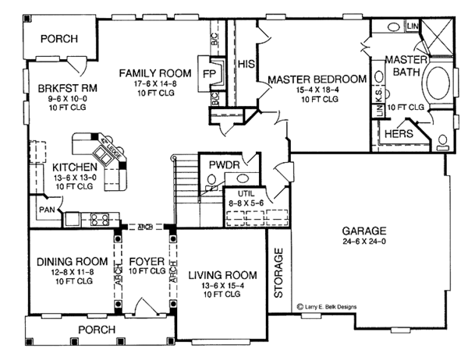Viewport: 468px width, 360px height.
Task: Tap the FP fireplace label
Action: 209,70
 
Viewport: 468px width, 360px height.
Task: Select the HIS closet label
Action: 246,64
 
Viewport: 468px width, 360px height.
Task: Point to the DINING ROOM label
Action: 66,260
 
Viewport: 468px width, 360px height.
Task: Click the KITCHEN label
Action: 75,167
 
